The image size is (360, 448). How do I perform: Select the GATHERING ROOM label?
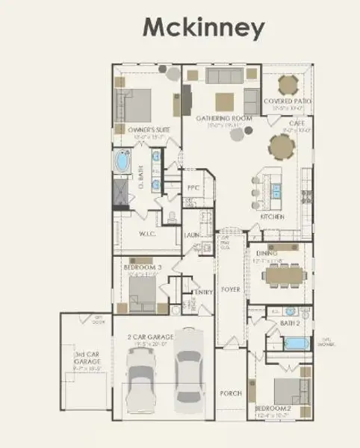pyautogui.click(x=223, y=119)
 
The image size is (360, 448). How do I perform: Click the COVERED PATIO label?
pyautogui.click(x=288, y=101)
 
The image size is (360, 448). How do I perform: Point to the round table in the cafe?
pyautogui.click(x=283, y=149)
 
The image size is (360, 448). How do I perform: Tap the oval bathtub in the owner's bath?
pyautogui.click(x=122, y=162)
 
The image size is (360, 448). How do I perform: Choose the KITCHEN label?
pyautogui.click(x=272, y=217)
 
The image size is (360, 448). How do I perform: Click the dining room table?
pyautogui.click(x=285, y=274)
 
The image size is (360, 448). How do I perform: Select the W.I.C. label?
pyautogui.click(x=147, y=233)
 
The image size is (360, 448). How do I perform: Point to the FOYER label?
pyautogui.click(x=231, y=289)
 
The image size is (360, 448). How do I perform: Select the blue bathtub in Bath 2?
pyautogui.click(x=297, y=343)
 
